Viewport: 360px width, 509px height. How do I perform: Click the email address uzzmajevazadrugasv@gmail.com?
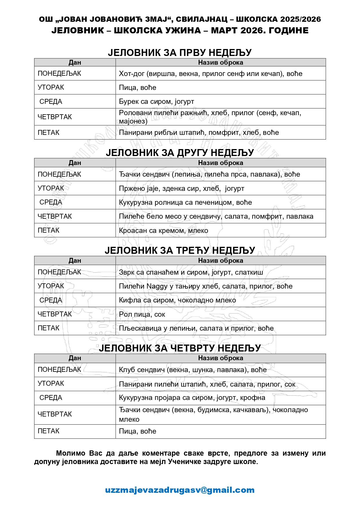point(180,490)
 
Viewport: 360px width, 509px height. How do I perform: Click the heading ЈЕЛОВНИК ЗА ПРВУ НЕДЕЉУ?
point(180,52)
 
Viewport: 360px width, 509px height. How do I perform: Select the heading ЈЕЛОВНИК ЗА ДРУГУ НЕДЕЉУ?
point(180,153)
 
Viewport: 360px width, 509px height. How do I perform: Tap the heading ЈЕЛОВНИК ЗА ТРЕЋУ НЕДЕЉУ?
point(180,250)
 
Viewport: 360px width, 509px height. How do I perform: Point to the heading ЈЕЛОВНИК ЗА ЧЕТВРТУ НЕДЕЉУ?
point(180,348)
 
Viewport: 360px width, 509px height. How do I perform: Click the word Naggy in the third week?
point(157,286)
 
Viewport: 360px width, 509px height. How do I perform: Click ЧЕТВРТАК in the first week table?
point(55,117)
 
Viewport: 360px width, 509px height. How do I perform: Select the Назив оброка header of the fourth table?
point(220,358)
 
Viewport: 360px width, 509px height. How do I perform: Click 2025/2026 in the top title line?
point(301,19)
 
